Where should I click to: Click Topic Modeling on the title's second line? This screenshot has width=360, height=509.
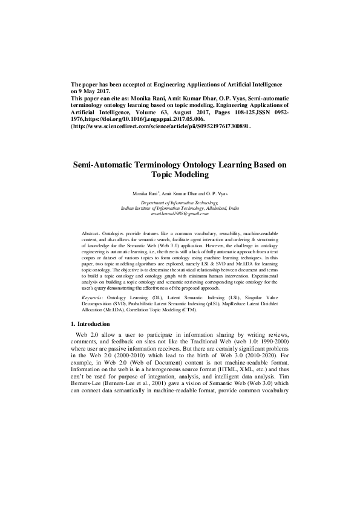pos(180,174)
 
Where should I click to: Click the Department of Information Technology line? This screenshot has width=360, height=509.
pos(180,203)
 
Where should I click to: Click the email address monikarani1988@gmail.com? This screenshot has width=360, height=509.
pos(180,213)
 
